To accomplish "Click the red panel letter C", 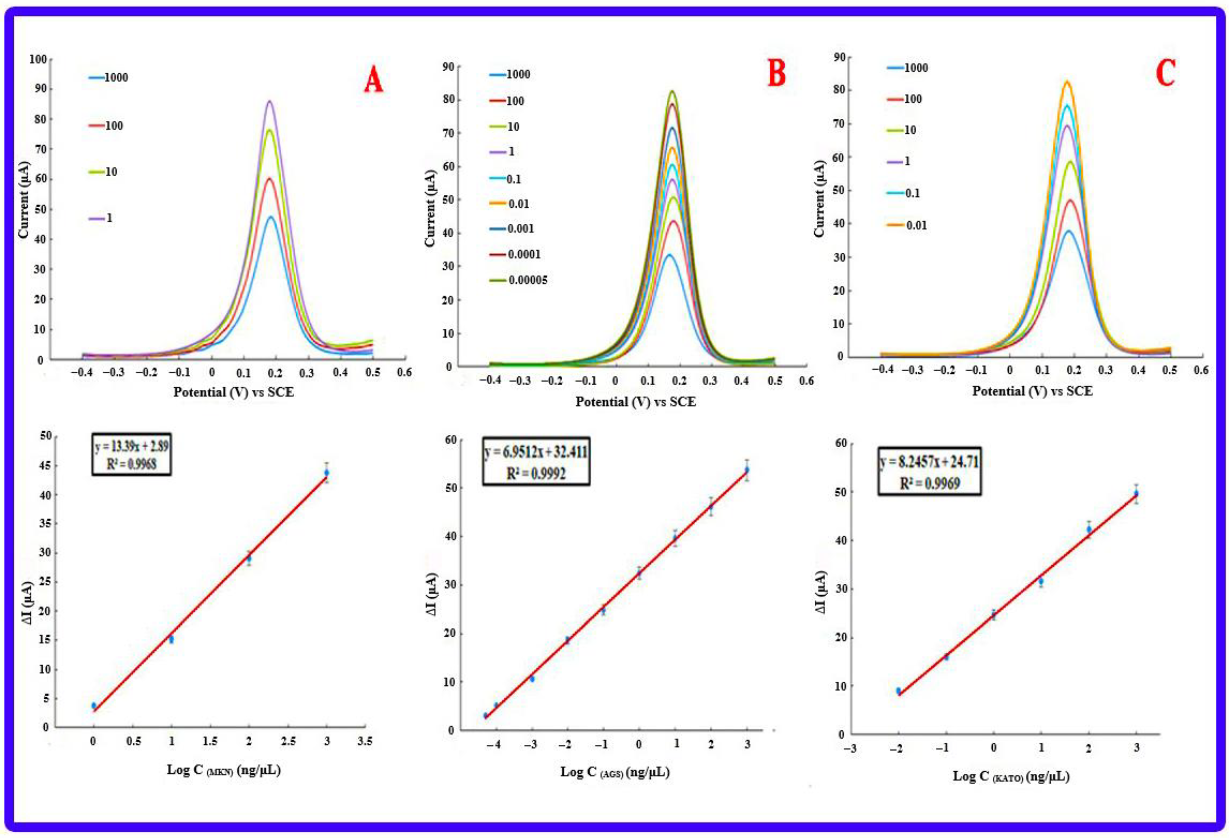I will click(x=1166, y=73).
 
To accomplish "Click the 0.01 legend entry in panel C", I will click(x=916, y=225).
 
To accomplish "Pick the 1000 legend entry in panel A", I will click(x=115, y=78).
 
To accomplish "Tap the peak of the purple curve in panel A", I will click(x=270, y=101).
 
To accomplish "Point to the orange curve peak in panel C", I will click(x=1067, y=82).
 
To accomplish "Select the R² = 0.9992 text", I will click(x=536, y=473).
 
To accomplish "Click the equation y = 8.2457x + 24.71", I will click(x=929, y=462).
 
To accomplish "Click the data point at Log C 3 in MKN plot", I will click(x=327, y=472).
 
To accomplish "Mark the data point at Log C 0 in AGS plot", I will click(x=639, y=573).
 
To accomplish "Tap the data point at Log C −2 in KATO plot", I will click(x=898, y=691).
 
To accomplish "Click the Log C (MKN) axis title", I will click(x=224, y=770).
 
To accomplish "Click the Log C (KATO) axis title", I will click(x=1011, y=776).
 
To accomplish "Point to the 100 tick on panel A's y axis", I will click(x=38, y=59).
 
